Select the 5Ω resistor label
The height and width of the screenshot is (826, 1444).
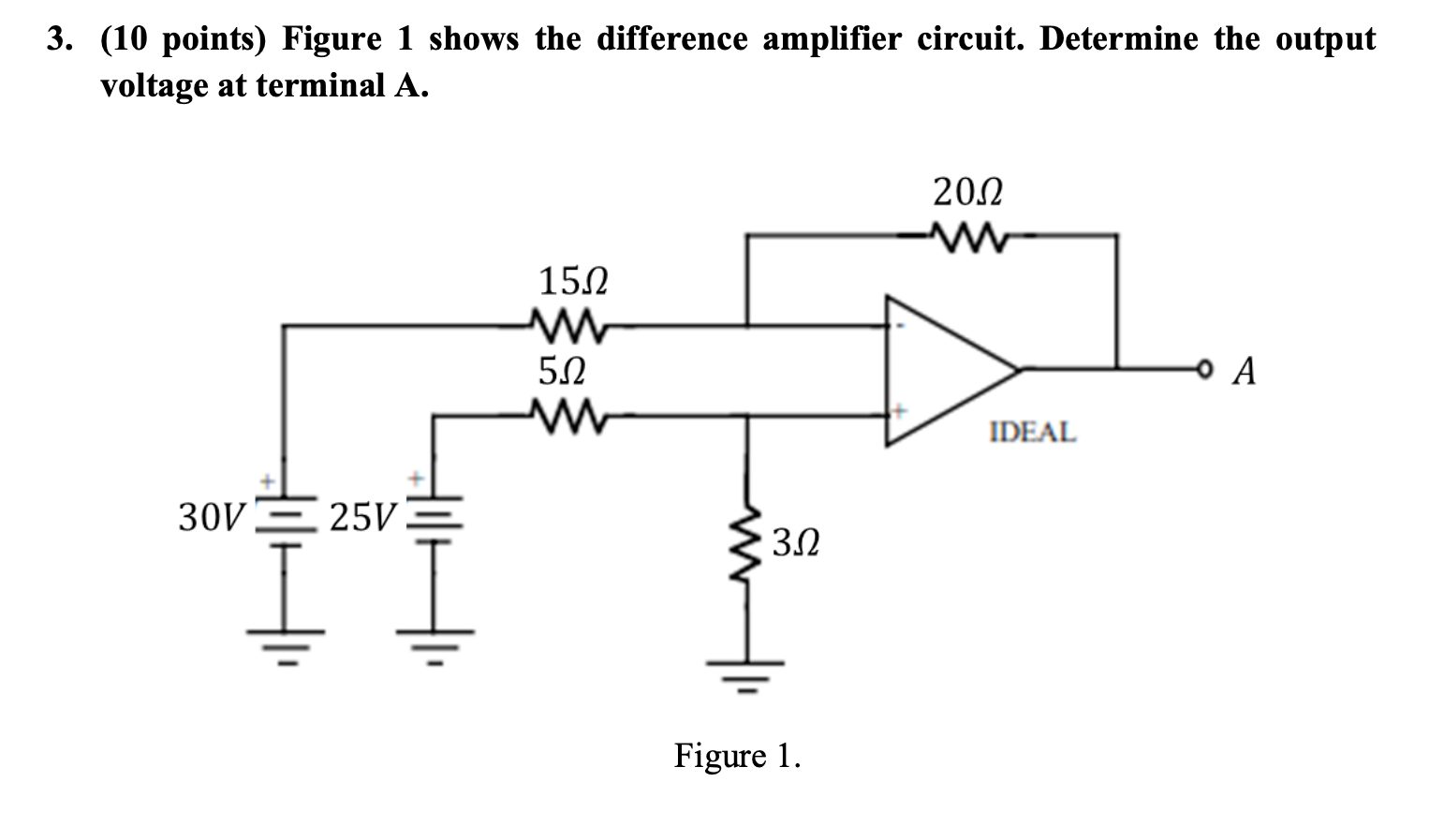tap(562, 372)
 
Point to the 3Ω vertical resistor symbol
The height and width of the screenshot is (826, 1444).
tap(745, 548)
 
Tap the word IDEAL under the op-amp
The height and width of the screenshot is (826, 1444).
tap(1033, 433)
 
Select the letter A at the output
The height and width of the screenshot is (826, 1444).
tap(1244, 372)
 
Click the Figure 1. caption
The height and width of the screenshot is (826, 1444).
tap(737, 755)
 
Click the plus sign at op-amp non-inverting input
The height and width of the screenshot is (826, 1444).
tap(899, 410)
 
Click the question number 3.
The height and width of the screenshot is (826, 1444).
tap(60, 39)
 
